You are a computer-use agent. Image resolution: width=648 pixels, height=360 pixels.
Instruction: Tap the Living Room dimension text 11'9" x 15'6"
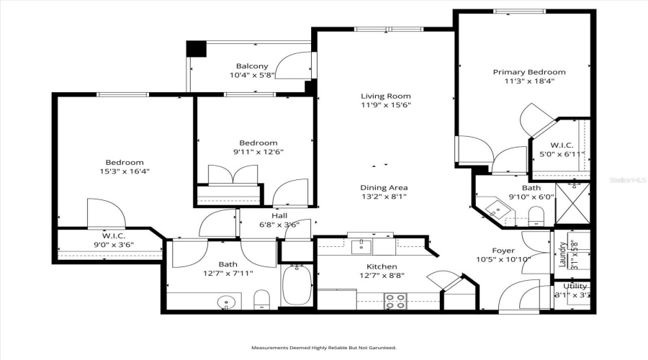[385, 105]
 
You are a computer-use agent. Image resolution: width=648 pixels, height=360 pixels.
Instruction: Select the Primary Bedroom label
[528, 72]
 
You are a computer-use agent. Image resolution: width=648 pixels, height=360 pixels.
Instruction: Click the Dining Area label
[384, 188]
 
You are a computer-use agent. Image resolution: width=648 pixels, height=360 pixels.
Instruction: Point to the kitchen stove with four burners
[394, 301]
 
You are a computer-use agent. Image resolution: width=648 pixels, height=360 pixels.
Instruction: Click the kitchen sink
[361, 247]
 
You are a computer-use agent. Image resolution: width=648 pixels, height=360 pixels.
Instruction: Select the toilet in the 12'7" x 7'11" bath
[262, 298]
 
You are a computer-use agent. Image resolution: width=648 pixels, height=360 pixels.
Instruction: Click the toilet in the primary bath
[536, 215]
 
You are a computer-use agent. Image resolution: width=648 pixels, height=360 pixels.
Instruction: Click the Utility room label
[575, 287]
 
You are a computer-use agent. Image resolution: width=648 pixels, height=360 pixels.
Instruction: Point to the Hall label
[279, 215]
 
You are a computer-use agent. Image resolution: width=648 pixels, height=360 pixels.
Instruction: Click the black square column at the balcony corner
[196, 49]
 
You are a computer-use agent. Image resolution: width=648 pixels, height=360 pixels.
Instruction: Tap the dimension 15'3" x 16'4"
[125, 171]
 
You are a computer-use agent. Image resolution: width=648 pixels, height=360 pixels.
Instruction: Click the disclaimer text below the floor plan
[323, 348]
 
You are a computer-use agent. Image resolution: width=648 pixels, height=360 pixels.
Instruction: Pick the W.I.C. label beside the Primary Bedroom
[561, 145]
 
